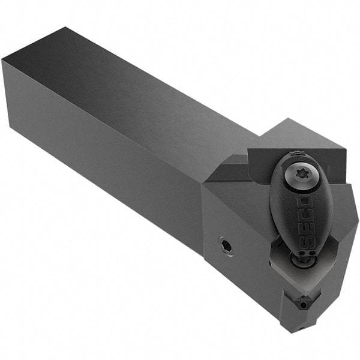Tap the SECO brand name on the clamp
click(x=304, y=216)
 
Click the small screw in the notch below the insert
click(x=304, y=305)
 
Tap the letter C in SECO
click(x=305, y=211)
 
